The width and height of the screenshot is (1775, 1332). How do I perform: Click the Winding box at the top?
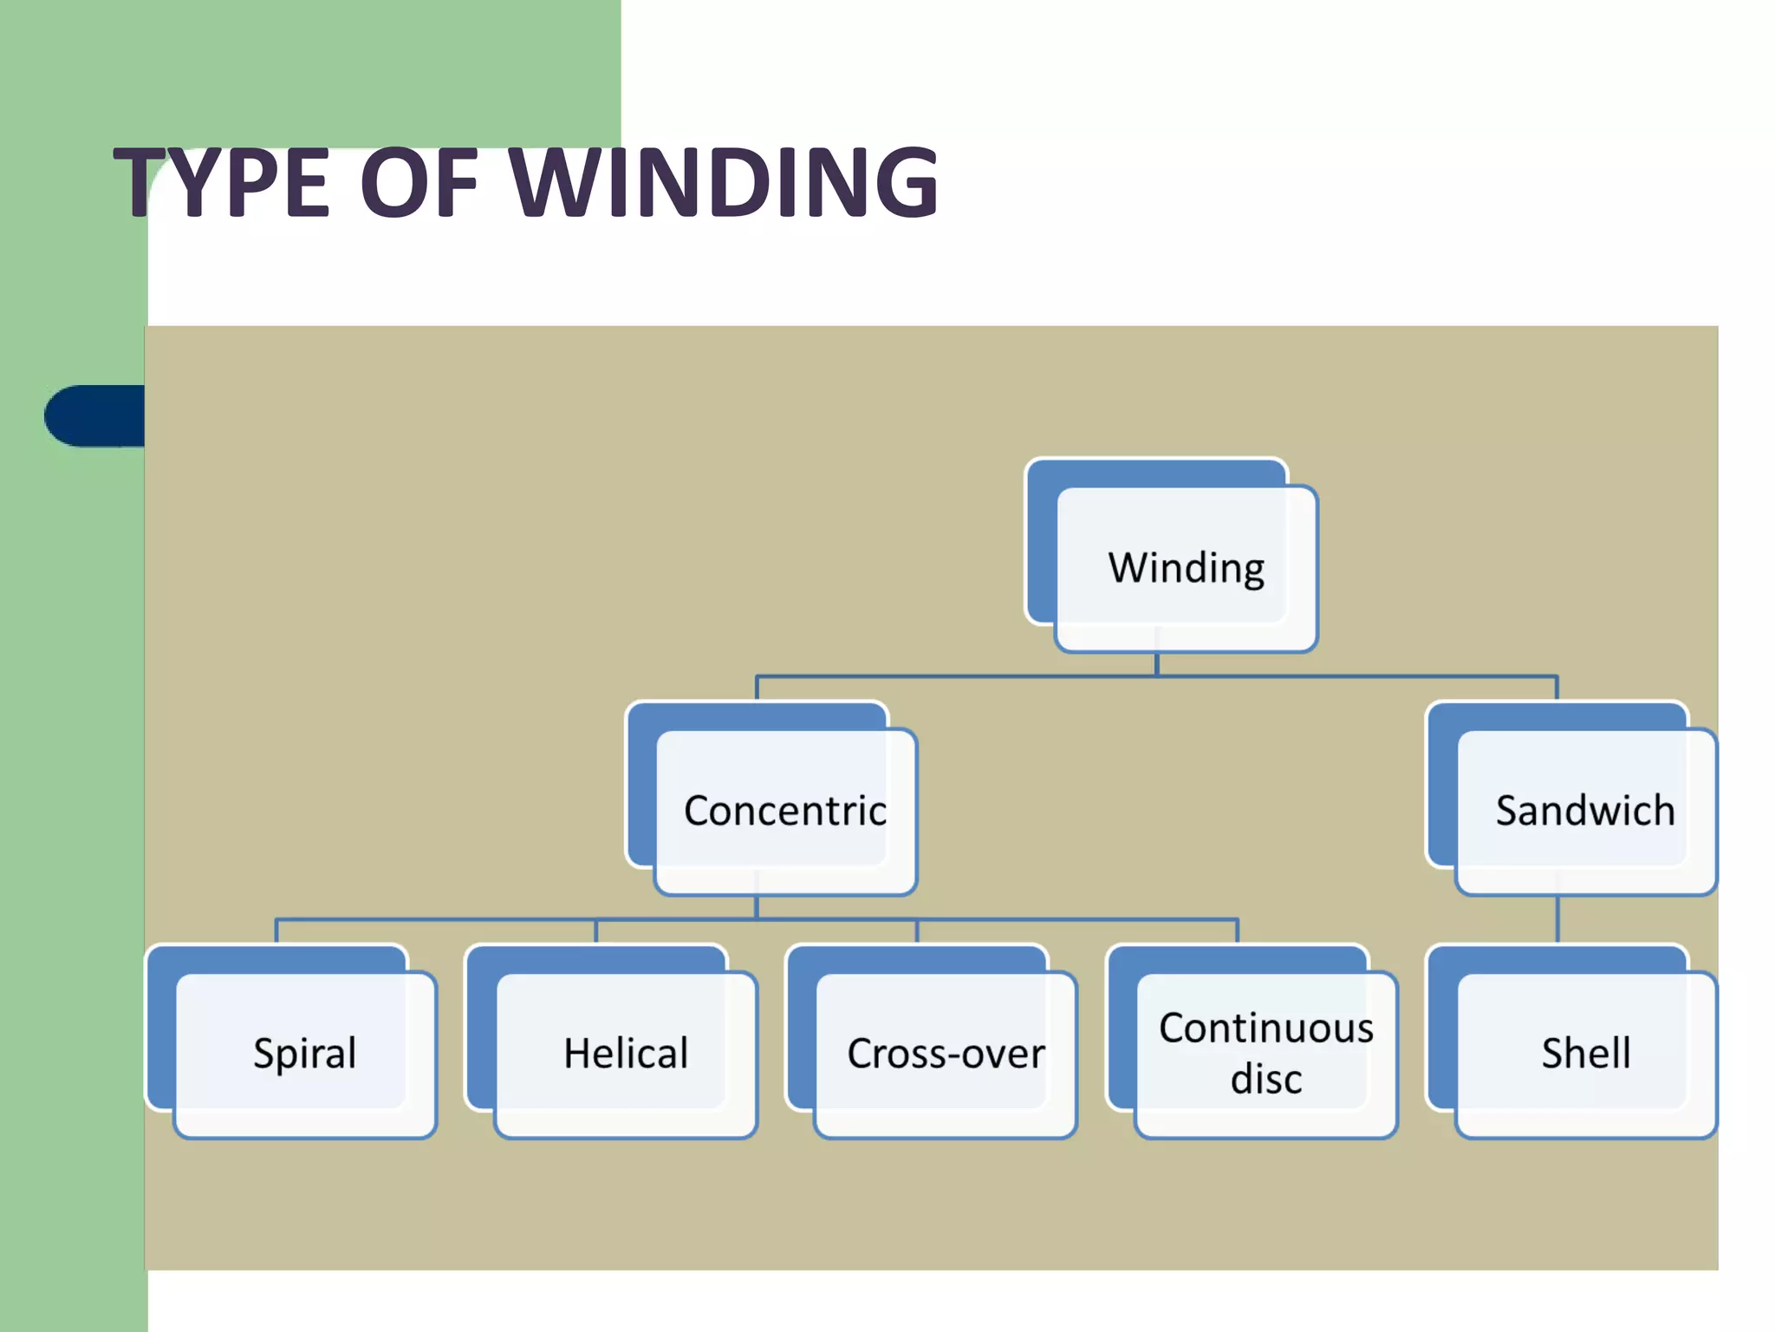pos(1185,568)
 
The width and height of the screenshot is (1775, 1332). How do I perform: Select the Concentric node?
pos(784,811)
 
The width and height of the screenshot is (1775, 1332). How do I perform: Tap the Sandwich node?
pos(1584,811)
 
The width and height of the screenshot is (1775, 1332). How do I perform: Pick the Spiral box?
pos(304,1054)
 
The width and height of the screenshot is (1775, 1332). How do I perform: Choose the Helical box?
pos(625,1054)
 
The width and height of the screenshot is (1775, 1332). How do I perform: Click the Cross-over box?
pos(945,1054)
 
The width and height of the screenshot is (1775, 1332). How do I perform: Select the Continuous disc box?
pos(1265,1054)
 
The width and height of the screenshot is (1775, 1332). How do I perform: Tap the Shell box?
pos(1585,1054)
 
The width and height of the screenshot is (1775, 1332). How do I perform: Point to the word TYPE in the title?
pos(222,183)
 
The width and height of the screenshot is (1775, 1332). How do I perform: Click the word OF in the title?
pos(419,183)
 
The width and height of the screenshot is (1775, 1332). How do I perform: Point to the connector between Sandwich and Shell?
pos(1557,919)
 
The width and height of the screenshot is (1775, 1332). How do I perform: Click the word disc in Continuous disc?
pos(1265,1080)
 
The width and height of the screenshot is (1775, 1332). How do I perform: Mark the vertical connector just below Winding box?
pos(1157,664)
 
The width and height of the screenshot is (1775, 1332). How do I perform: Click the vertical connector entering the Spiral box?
pos(276,930)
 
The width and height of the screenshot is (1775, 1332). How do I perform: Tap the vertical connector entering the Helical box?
pos(596,930)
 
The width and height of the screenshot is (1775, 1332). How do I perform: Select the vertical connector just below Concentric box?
pos(757,907)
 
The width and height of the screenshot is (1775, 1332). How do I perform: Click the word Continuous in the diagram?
pos(1265,1028)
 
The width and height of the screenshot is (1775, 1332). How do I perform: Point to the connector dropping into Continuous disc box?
pos(1237,930)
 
